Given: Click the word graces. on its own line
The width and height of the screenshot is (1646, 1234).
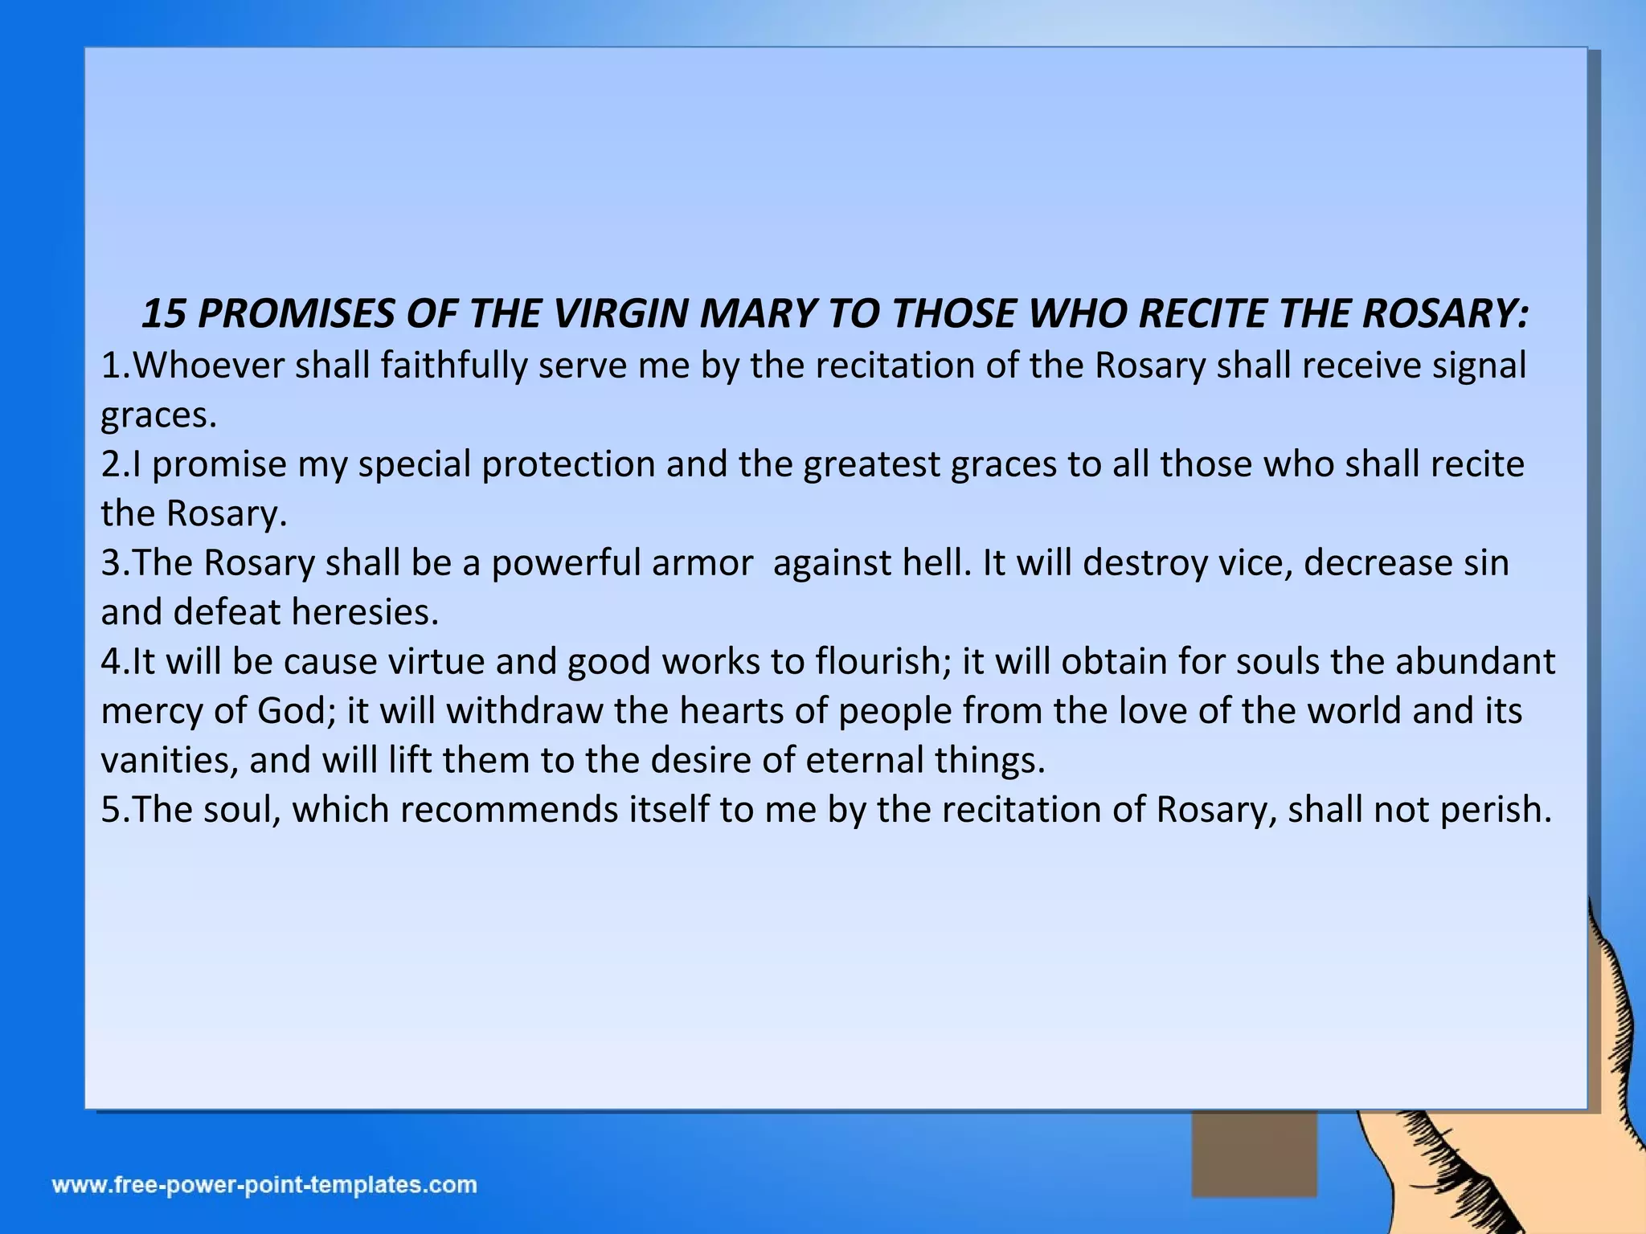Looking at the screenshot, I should coord(158,415).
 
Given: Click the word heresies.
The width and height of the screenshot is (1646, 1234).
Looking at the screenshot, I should coord(365,612).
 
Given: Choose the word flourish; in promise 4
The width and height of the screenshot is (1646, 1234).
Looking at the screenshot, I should coord(884,662).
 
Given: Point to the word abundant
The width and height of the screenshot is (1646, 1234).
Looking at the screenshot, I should coord(1476,662).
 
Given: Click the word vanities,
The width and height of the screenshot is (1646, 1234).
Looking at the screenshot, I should coord(170,760).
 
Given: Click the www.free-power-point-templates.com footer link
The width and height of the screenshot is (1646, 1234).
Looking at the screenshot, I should coord(265,1185).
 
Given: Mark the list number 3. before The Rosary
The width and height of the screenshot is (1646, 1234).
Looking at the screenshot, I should coord(116,563).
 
